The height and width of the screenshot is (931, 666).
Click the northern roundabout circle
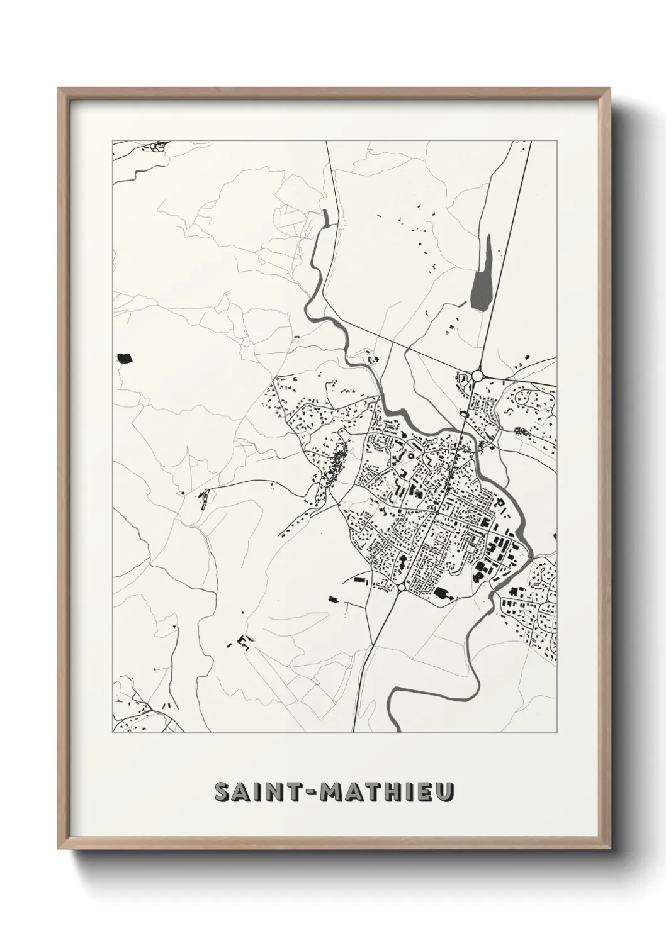point(477,376)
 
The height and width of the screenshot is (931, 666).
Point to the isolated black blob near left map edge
point(124,359)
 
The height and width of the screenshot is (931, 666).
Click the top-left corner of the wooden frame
point(60,90)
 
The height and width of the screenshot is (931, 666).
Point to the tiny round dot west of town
point(183,493)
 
